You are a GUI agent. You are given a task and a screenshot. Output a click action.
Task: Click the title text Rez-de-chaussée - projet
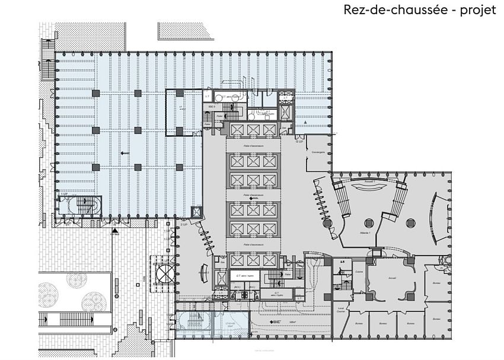[419, 11]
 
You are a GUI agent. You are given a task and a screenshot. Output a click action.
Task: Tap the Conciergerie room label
[317, 151]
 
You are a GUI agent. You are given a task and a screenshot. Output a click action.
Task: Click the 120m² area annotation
[293, 322]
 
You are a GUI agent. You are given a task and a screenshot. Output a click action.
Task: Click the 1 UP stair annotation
[63, 195]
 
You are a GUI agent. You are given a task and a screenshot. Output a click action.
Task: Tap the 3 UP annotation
[184, 225]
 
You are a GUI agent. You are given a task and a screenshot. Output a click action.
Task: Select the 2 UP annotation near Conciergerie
[299, 142]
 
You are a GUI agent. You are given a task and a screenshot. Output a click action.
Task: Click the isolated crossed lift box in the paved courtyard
[164, 273]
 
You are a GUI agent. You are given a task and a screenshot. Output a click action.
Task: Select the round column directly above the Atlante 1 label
[368, 222]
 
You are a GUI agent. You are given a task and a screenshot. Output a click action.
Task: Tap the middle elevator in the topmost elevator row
[253, 130]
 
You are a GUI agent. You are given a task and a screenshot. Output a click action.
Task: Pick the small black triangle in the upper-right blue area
[305, 121]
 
